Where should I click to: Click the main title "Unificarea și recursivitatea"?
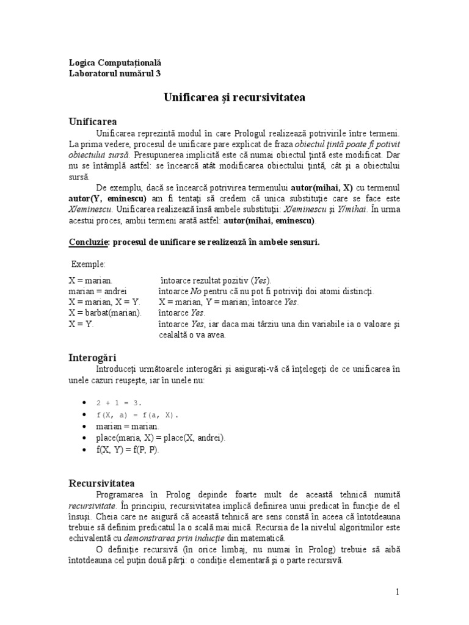click(234, 97)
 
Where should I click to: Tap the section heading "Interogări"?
click(92, 357)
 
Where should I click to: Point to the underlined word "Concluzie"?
click(88, 242)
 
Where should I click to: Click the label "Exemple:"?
click(89, 264)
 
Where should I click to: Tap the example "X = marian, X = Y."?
click(104, 302)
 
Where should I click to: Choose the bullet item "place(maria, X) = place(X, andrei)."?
click(161, 438)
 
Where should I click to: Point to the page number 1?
click(397, 591)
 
